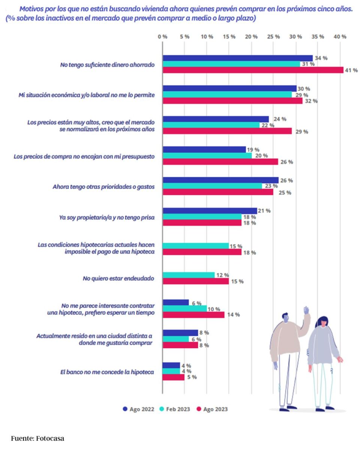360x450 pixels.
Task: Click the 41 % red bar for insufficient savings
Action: [x=253, y=70]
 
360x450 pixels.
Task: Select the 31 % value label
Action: [x=308, y=64]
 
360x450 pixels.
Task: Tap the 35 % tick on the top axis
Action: [x=318, y=37]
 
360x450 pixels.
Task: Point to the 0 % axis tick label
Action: [x=162, y=37]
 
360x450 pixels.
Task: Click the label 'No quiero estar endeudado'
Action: [x=118, y=278]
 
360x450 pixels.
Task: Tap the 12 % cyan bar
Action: [x=189, y=275]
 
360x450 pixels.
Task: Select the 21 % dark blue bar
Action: [x=210, y=211]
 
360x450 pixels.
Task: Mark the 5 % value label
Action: [x=192, y=377]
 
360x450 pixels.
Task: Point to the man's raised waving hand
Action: [x=306, y=310]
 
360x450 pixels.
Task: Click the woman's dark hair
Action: [x=322, y=322]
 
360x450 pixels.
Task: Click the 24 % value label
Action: [x=280, y=119]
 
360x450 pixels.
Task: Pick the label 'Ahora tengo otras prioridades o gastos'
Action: [x=103, y=186]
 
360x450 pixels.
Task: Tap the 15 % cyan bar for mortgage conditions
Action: [x=196, y=246]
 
